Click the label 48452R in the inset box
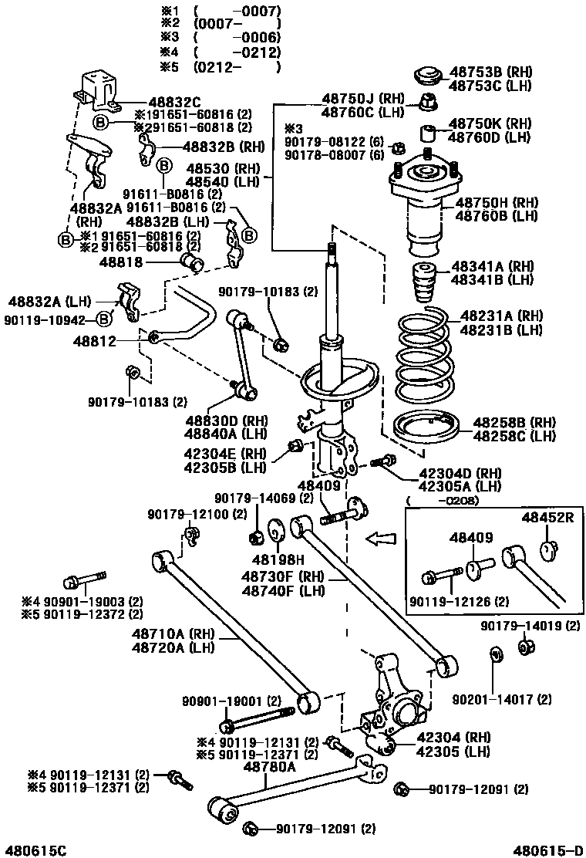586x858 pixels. click(547, 517)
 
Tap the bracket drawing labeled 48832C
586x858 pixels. click(99, 89)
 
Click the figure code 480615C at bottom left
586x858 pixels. click(34, 850)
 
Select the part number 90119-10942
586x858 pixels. click(50, 318)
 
